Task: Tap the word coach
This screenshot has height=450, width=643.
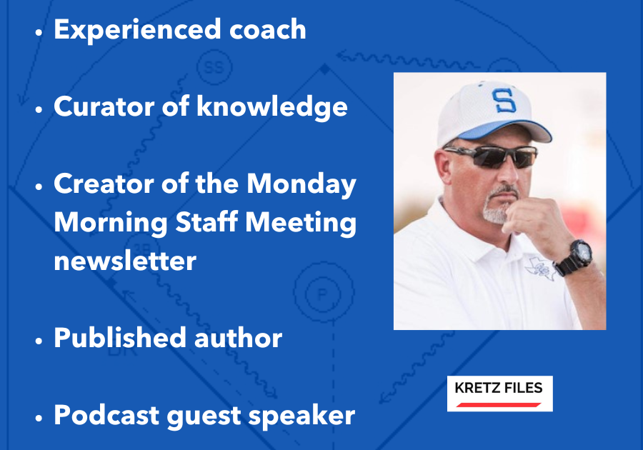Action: coord(267,29)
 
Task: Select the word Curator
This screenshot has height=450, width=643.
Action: coord(104,106)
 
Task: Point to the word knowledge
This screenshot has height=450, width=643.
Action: coord(272,107)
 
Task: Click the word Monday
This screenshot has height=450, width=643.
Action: coord(301,184)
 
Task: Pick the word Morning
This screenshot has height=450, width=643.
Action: coord(111,223)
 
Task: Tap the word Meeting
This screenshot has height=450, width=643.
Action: coord(301,223)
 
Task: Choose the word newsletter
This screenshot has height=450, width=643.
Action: coord(125,261)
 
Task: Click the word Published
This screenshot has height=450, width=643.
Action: coord(120,338)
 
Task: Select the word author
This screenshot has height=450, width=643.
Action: coord(238,338)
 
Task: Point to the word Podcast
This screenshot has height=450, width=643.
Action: coord(106,415)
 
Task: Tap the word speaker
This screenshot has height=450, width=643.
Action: coord(301,416)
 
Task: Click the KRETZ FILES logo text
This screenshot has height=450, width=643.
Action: coord(499,388)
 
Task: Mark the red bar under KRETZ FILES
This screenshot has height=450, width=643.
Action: coord(499,405)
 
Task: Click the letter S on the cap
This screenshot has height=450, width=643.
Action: coord(504,100)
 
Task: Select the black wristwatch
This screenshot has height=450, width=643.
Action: coord(576,256)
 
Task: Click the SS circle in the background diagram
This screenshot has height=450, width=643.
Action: coord(214,67)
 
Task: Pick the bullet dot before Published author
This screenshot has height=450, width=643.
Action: coord(39,341)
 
